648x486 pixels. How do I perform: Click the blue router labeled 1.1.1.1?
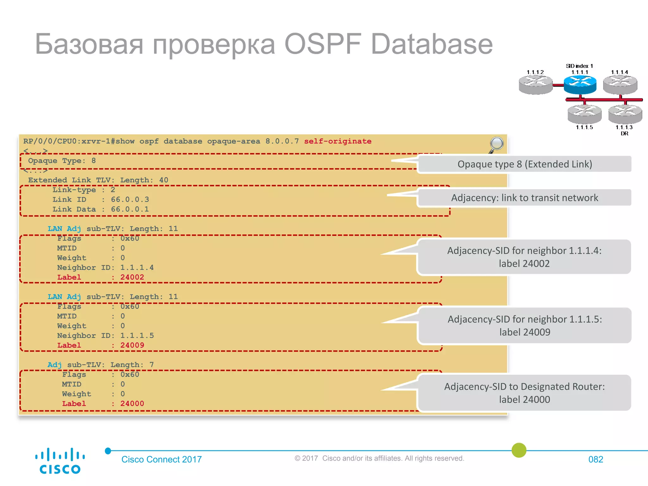coord(580,85)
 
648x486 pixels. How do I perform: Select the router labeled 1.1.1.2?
coord(535,85)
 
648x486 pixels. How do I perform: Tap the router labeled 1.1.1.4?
coord(620,84)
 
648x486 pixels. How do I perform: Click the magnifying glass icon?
coord(496,144)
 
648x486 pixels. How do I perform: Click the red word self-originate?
coord(338,141)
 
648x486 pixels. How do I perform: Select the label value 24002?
coord(132,277)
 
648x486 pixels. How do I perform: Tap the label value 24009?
coord(132,345)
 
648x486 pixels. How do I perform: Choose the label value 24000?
coord(132,404)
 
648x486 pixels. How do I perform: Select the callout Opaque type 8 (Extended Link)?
coord(524,164)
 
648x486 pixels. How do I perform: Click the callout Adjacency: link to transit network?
coord(524,198)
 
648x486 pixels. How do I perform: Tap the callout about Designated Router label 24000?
coord(524,393)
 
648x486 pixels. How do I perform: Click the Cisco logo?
coord(60,461)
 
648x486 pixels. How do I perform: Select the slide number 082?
coord(595,459)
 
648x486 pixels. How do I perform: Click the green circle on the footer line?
coord(519,450)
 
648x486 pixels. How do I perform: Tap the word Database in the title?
coord(431,44)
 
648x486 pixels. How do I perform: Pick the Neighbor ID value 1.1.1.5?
coord(137,336)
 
